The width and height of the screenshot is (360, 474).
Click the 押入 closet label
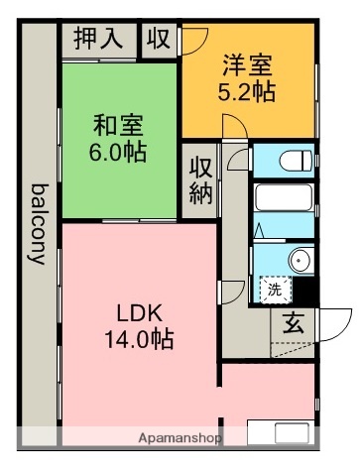pos(99,39)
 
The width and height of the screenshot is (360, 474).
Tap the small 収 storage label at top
pos(158,39)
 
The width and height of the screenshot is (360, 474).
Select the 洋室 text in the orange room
pos(247,69)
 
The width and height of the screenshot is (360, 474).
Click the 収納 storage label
pos(200,179)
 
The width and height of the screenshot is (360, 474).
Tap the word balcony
pos(39,223)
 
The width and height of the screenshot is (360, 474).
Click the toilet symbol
pos(294,159)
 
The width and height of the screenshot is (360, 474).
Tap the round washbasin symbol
pos(300,260)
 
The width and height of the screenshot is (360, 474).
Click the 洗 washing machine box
pos(273,291)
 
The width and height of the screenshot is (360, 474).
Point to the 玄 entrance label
pos(294,322)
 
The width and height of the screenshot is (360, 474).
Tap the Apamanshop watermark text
pos(179,437)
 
